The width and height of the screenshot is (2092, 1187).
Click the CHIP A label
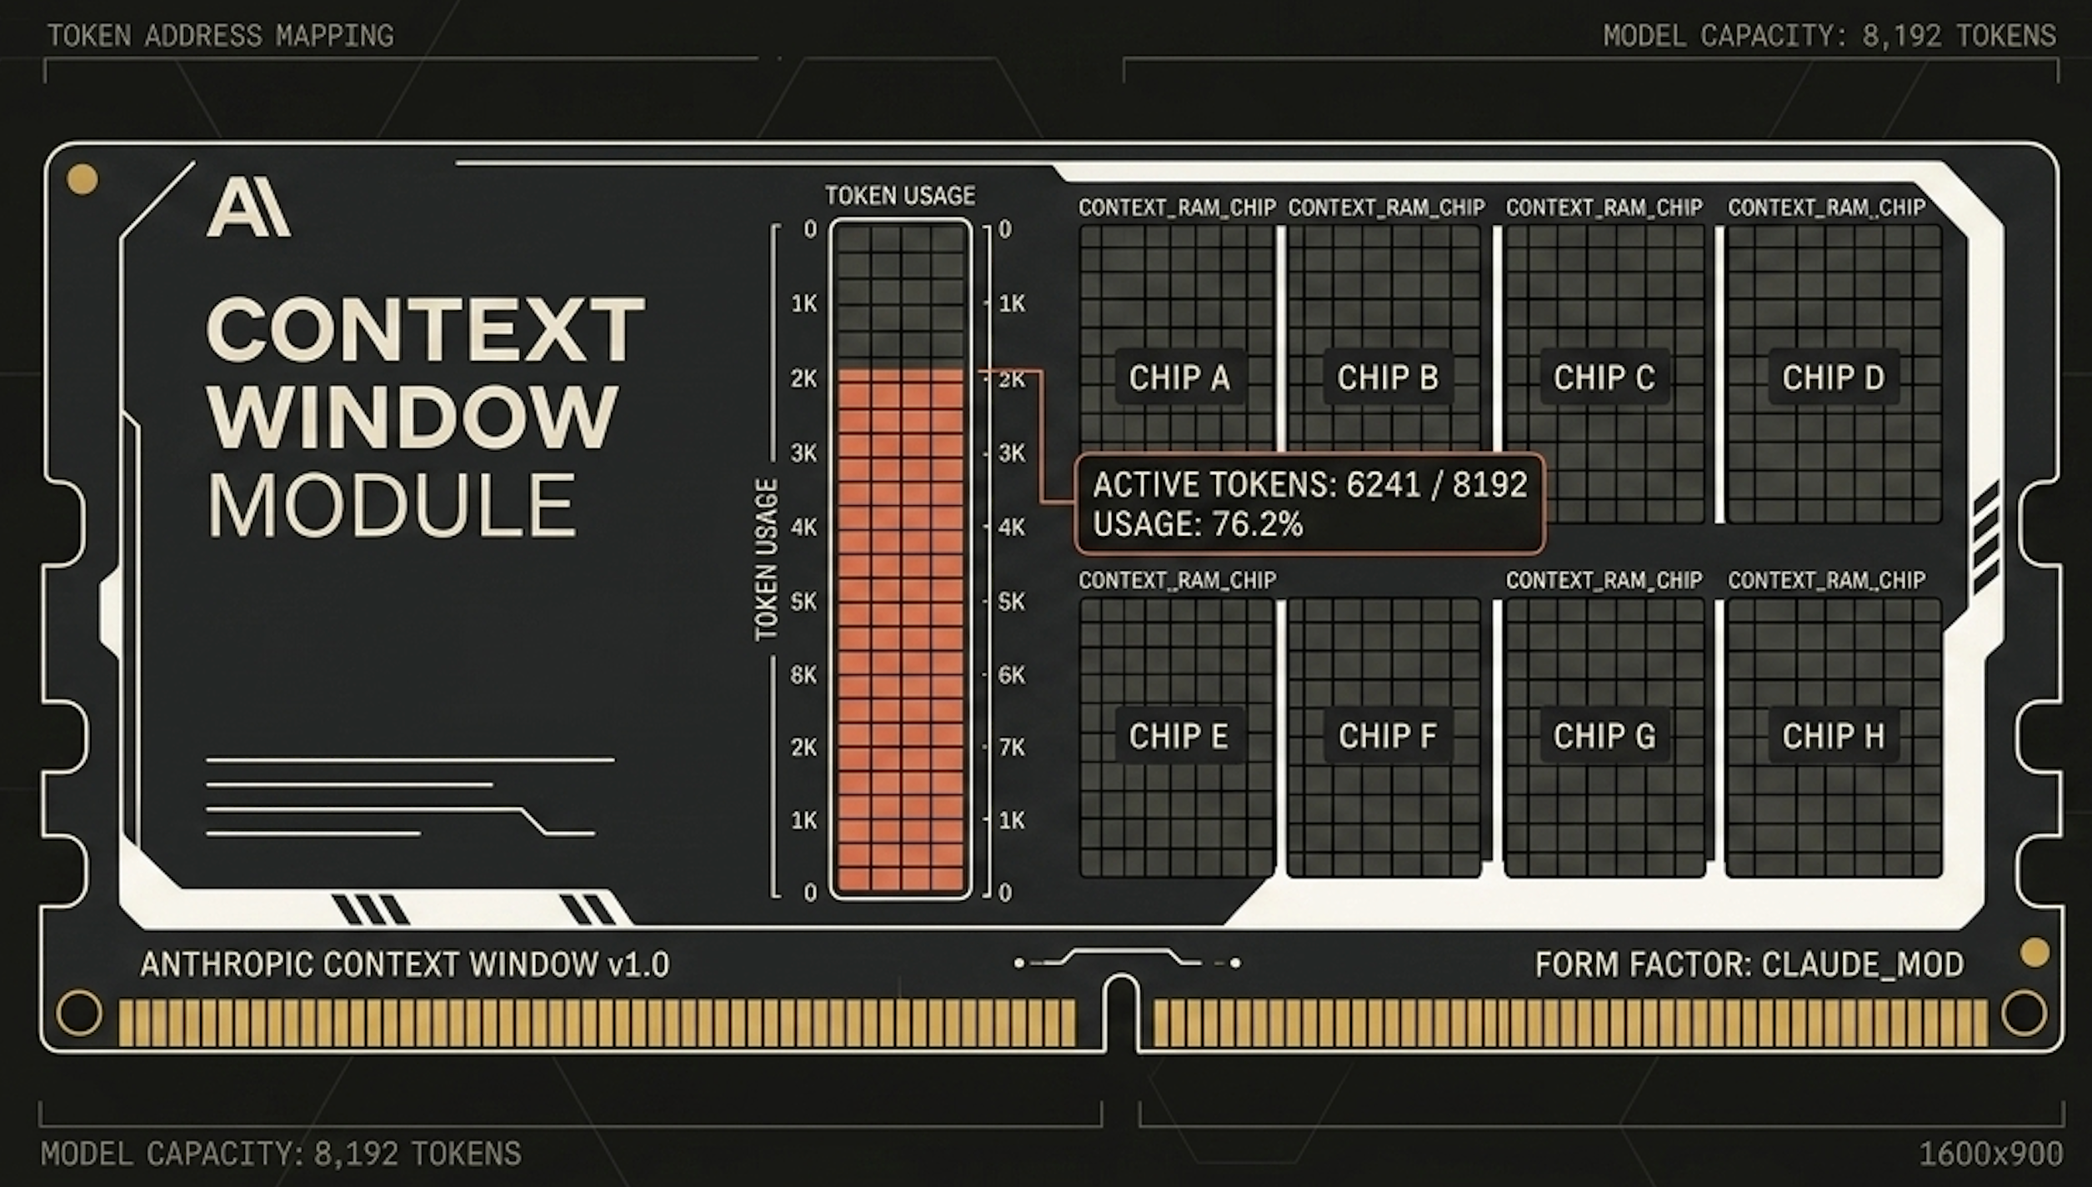click(x=1179, y=378)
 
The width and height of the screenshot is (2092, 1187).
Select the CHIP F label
click(x=1388, y=736)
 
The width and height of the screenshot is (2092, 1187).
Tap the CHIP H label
click(x=1834, y=736)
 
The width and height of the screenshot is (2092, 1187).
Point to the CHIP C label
click(x=1604, y=378)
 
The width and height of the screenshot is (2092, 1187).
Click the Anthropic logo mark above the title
click(x=248, y=209)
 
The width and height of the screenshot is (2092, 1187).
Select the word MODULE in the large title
click(x=392, y=505)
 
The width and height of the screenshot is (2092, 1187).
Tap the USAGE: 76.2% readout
click(x=1198, y=524)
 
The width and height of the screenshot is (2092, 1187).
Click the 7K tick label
click(x=1012, y=747)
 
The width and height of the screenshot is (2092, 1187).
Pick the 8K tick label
click(x=803, y=674)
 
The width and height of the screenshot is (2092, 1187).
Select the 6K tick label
click(x=1012, y=674)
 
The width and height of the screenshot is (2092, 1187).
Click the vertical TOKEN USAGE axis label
click(x=766, y=560)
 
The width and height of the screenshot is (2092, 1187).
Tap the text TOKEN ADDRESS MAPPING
click(x=220, y=36)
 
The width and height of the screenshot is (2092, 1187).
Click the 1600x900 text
click(x=1991, y=1154)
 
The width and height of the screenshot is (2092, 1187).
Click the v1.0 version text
click(x=638, y=964)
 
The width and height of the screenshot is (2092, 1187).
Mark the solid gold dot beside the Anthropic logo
click(x=83, y=179)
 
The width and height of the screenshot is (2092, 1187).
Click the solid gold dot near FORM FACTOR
click(x=2034, y=953)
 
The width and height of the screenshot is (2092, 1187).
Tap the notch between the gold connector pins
click(x=1122, y=1013)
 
